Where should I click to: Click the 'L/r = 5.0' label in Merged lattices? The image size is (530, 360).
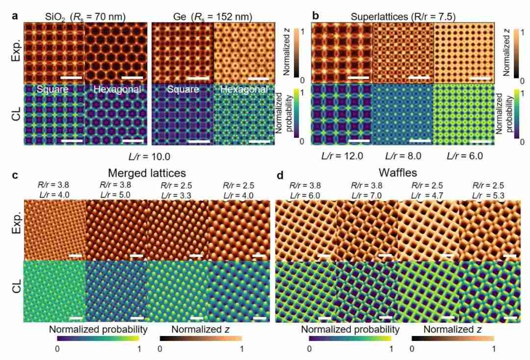coord(116,195)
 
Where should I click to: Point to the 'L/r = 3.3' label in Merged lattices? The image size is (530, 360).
coord(178,195)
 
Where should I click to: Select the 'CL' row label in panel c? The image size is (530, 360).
coord(15,293)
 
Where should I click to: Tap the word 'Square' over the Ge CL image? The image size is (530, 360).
coord(183,90)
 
